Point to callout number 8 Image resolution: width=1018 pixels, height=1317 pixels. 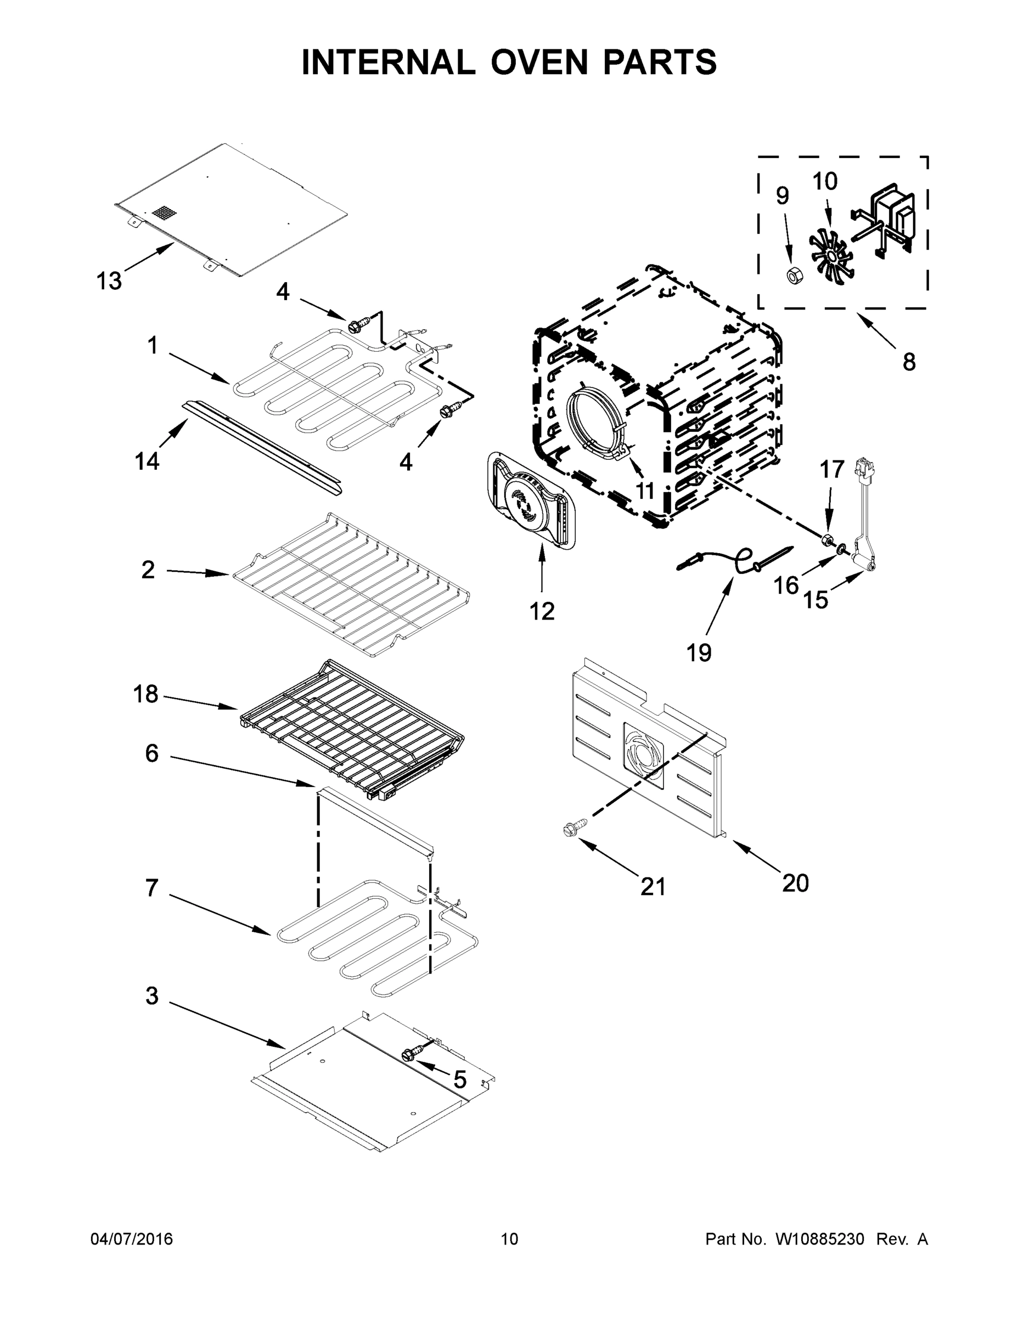[x=909, y=362]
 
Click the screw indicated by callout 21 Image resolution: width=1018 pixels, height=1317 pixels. [x=572, y=828]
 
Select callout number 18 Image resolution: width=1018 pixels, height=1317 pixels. [x=145, y=694]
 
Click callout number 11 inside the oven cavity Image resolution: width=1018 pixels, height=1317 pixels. [x=645, y=491]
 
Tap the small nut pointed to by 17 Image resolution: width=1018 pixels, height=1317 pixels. [x=828, y=537]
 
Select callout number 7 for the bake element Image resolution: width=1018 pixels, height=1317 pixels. [x=151, y=888]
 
